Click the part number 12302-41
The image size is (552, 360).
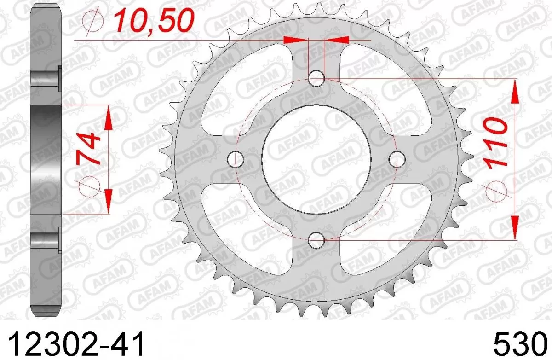tap(76, 343)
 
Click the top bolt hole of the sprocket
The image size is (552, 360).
tap(316, 79)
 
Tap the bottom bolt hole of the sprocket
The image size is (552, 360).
tap(316, 240)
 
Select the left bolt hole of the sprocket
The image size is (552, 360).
tap(236, 159)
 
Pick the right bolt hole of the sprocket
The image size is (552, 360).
tap(397, 159)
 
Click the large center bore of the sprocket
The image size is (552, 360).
tap(316, 159)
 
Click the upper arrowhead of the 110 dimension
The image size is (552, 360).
tap(515, 90)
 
